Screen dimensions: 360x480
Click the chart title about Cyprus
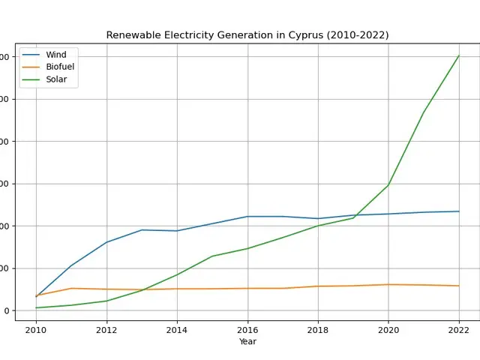(247, 35)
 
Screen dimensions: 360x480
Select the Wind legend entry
(56, 55)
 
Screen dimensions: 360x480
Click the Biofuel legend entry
(60, 67)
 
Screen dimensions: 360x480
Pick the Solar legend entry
(56, 79)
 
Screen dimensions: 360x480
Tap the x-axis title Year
(247, 342)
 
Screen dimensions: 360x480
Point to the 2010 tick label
(36, 329)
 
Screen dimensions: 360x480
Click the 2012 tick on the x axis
(106, 329)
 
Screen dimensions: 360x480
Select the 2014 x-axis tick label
(177, 329)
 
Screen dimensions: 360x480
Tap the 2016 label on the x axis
(247, 329)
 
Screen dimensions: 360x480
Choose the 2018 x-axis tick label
(318, 329)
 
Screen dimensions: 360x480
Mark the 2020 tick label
(388, 329)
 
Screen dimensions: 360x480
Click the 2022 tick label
(459, 329)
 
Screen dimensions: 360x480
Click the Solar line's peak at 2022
(459, 55)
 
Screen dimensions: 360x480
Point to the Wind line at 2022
(459, 211)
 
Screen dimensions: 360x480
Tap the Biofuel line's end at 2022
(459, 286)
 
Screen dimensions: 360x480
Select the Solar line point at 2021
(424, 112)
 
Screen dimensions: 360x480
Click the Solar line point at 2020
(388, 184)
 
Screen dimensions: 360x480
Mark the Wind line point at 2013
(142, 230)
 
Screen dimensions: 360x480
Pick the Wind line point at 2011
(71, 265)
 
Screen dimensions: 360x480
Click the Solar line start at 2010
(36, 307)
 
